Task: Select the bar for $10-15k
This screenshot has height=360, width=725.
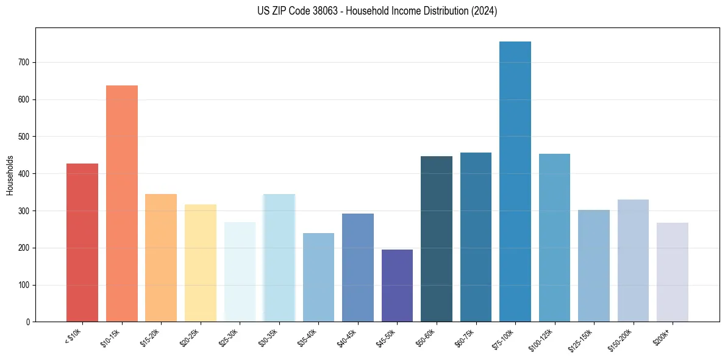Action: click(x=122, y=204)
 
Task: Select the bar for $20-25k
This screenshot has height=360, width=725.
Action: click(x=201, y=263)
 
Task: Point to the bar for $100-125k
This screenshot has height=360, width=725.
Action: click(x=555, y=238)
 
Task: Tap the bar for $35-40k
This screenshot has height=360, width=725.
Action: click(x=318, y=278)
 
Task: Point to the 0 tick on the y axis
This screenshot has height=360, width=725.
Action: click(x=28, y=322)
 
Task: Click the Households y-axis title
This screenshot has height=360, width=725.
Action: click(x=10, y=175)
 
